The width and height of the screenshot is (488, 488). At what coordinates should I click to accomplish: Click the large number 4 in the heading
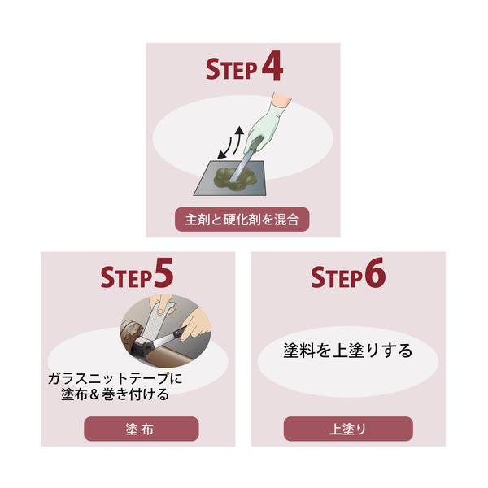pyautogui.click(x=272, y=68)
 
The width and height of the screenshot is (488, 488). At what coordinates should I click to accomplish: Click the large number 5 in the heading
pyautogui.click(x=163, y=273)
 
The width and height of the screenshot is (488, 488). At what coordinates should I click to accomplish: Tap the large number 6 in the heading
pyautogui.click(x=375, y=273)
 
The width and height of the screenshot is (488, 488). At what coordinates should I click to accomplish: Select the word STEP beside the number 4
pyautogui.click(x=232, y=69)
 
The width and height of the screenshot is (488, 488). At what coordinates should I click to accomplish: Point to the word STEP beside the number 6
pyautogui.click(x=337, y=277)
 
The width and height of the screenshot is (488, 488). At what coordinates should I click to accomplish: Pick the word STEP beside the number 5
pyautogui.click(x=126, y=277)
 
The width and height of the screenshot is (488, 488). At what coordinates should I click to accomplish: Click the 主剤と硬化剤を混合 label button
pyautogui.click(x=242, y=220)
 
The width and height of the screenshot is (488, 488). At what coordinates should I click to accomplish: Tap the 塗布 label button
pyautogui.click(x=142, y=429)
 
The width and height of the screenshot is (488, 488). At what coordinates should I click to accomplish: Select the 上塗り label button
pyautogui.click(x=348, y=429)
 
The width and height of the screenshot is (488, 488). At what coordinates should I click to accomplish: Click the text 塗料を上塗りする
pyautogui.click(x=348, y=351)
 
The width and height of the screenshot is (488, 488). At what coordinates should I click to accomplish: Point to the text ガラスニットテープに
pyautogui.click(x=115, y=379)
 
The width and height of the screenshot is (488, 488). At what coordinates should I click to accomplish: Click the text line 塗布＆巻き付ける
pyautogui.click(x=115, y=394)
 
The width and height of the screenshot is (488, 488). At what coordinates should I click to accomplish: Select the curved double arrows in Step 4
pyautogui.click(x=230, y=142)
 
